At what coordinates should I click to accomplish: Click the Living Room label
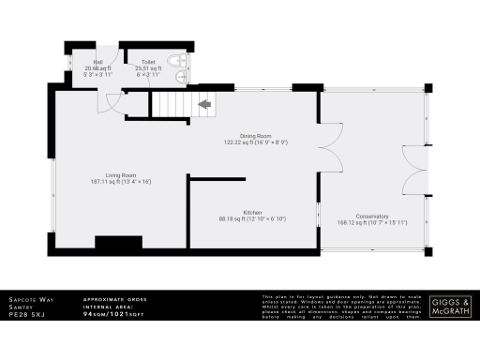[x=121, y=174]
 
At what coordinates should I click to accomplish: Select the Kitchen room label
[x=251, y=212]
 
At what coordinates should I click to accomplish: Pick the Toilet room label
[x=148, y=63]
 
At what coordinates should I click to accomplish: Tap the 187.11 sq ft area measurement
[x=121, y=181]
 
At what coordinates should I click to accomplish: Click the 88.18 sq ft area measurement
[x=251, y=218]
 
